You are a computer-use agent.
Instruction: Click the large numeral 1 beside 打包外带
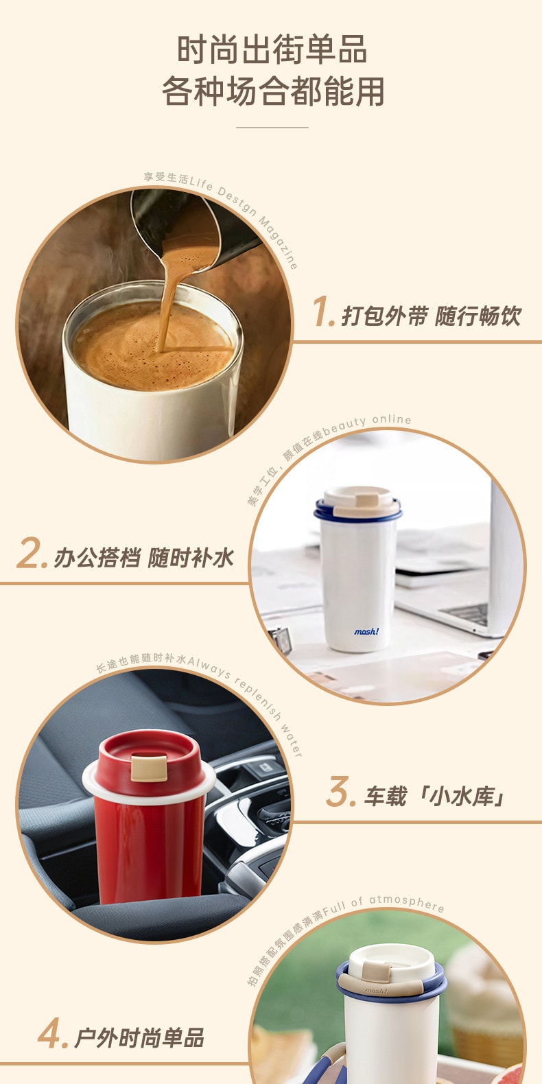point(323,312)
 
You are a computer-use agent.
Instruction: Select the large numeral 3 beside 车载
point(341,792)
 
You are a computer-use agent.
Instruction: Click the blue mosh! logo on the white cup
point(366,631)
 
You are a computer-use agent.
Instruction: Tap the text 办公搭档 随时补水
point(143,558)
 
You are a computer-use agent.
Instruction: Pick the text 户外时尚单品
point(139,1037)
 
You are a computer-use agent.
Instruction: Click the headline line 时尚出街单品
point(272,49)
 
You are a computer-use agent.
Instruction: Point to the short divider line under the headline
point(272,128)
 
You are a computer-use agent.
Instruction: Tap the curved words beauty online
point(366,422)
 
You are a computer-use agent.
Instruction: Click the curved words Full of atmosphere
point(384,905)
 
